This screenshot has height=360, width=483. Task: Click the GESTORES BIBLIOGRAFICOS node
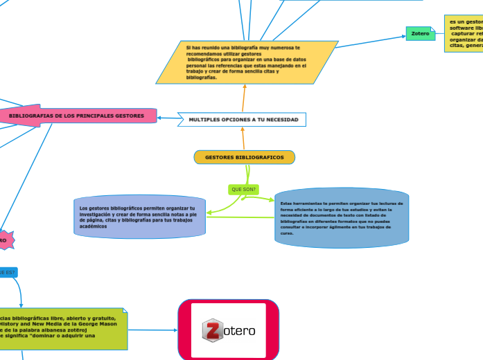coord(245,158)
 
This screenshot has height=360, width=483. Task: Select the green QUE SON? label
coord(244,189)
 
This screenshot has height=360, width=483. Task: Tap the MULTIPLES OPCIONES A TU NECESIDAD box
coord(243,120)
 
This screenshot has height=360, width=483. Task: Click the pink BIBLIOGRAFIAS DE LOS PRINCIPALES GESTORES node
coord(76,116)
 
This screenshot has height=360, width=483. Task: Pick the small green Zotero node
coord(421,33)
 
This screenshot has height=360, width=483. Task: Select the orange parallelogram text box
coord(246,62)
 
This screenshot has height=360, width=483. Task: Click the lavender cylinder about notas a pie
coord(139,217)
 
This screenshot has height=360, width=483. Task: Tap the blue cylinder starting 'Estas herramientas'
coord(341,217)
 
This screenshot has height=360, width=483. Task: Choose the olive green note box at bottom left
coord(62,329)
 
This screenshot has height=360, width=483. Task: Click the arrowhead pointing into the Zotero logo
coord(175,330)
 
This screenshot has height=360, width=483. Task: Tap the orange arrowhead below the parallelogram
coord(245,87)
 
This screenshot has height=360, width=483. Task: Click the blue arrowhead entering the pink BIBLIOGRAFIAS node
coord(160,118)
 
